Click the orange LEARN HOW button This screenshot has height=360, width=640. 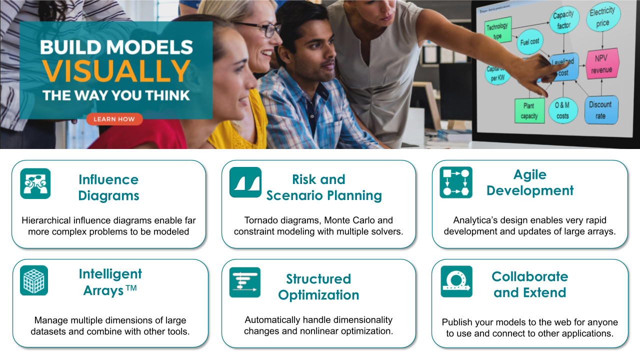click(x=114, y=119)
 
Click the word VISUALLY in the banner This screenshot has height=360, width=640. click(x=116, y=71)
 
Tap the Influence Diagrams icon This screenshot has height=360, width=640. click(x=35, y=183)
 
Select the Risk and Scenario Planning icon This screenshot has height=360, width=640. click(x=245, y=182)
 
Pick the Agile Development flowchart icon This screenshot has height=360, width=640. click(x=456, y=182)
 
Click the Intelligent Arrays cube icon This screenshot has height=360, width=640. click(x=34, y=280)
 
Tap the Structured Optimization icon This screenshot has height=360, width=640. click(x=245, y=282)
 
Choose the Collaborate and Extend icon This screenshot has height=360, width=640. click(x=456, y=281)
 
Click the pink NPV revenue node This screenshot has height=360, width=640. click(x=601, y=64)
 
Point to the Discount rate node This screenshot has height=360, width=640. click(x=600, y=110)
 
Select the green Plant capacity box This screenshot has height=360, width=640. click(x=529, y=111)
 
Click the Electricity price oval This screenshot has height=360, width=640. click(x=603, y=17)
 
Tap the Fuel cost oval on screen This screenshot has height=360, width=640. click(x=529, y=41)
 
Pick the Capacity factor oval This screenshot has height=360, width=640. click(x=564, y=19)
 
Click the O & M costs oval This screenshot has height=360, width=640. click(x=562, y=110)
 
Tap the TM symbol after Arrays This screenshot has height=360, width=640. click(x=131, y=288)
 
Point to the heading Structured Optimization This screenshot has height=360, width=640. click(x=318, y=287)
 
